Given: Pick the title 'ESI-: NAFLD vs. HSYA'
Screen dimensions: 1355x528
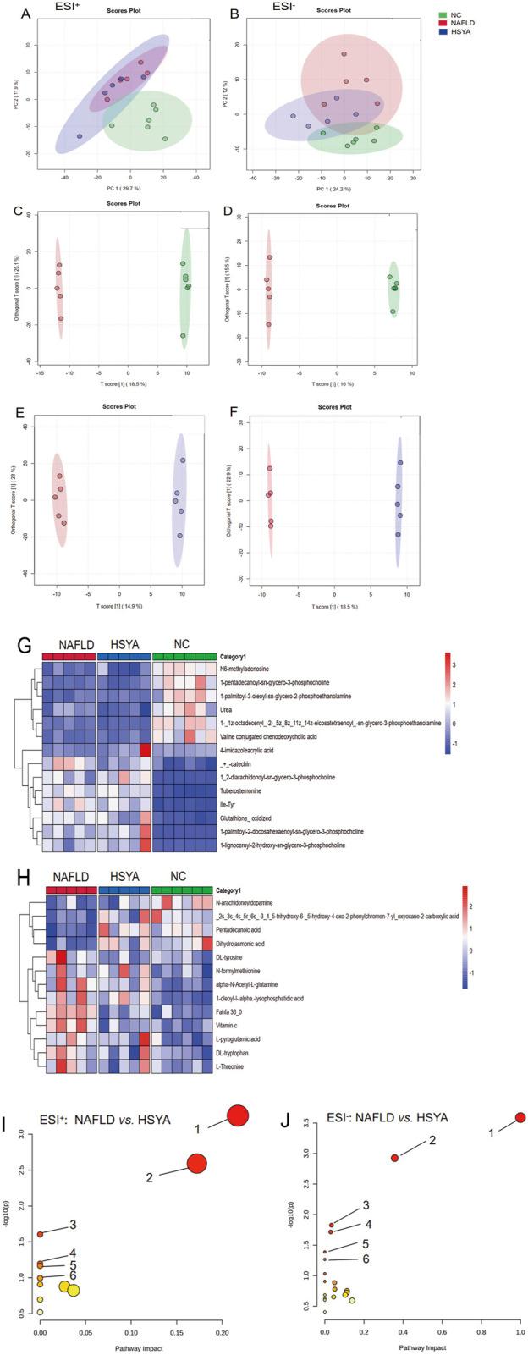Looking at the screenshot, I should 387,1118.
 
